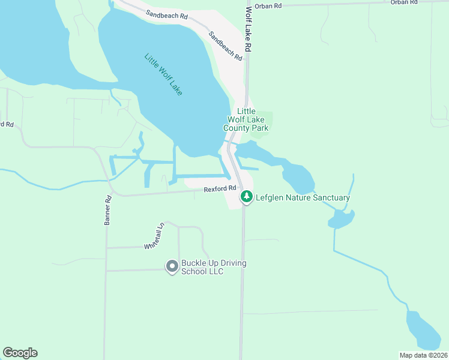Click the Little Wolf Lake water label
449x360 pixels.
point(163,75)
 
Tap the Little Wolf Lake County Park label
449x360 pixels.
point(246,120)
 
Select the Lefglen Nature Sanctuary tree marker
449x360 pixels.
point(246,197)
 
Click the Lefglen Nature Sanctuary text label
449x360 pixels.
point(303,197)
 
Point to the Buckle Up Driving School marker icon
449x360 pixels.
point(172,265)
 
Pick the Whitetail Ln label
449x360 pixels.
point(154,238)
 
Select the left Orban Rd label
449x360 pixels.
point(268,5)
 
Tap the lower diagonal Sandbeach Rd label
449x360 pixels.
point(225,46)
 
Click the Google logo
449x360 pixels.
point(20,353)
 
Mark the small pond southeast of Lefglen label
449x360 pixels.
point(341,219)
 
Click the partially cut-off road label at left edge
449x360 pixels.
point(6,124)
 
